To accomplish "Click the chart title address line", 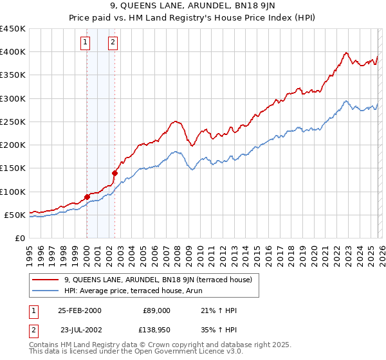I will point(192,7).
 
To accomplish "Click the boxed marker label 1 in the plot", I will point(86,43).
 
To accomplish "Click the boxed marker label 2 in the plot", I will point(113,43).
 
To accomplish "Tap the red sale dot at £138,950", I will point(115,173).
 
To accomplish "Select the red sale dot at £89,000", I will point(87,197).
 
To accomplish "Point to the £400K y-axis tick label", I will point(12,52).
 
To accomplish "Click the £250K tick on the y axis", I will point(12,122).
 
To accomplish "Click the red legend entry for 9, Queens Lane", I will point(152,280).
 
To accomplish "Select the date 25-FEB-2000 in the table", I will point(79,310).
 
